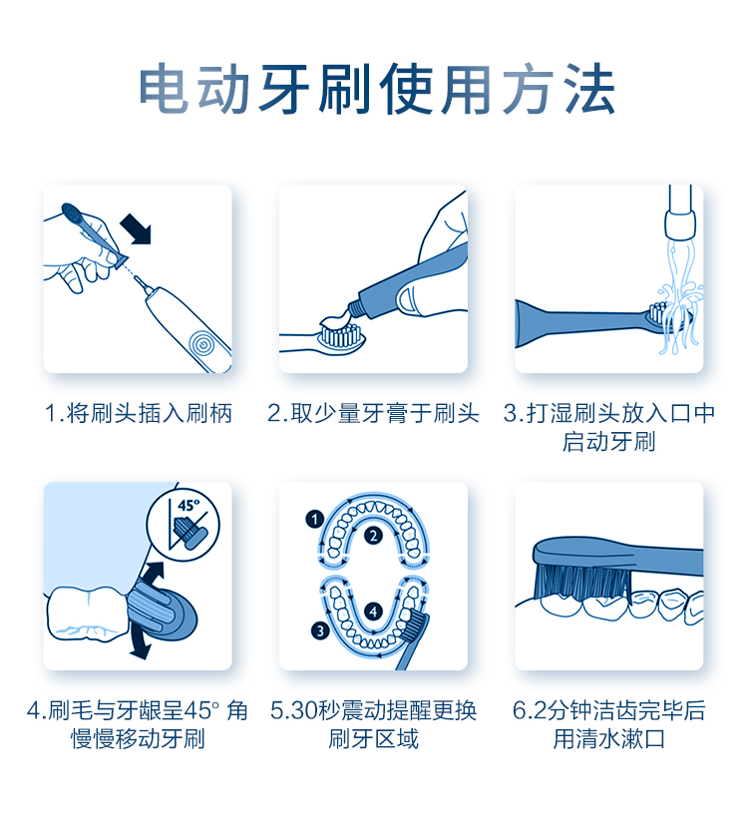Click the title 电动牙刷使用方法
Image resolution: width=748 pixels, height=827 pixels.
(376, 89)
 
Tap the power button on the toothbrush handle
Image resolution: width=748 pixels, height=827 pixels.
(201, 345)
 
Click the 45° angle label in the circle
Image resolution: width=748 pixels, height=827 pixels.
(188, 506)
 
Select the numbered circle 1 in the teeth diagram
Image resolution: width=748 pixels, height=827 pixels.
(315, 520)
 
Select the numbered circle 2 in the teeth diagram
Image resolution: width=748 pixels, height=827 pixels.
(373, 536)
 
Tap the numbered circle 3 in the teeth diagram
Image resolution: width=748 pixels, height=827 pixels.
(320, 630)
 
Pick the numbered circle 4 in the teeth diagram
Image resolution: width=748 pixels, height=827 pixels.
(373, 612)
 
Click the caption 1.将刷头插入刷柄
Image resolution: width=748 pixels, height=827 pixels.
(138, 413)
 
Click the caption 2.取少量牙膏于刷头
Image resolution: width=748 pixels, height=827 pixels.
(373, 413)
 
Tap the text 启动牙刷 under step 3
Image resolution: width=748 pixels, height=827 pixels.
(608, 442)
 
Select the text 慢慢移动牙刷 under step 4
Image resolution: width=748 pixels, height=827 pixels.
(138, 739)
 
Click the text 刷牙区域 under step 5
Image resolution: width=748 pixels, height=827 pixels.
(373, 739)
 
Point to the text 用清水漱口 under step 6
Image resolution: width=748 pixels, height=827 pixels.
(608, 739)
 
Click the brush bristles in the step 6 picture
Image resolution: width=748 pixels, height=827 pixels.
(582, 583)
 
